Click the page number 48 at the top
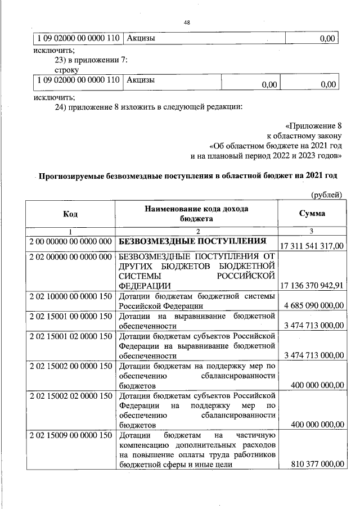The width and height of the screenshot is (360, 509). click(187, 22)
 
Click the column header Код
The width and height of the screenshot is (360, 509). click(70, 214)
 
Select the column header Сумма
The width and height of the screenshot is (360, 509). click(312, 214)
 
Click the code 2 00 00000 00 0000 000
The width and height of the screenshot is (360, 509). click(70, 241)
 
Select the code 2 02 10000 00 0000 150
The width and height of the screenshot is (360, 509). click(70, 296)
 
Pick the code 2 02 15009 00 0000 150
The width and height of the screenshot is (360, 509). click(70, 435)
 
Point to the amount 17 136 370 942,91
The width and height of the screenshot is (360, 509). click(312, 286)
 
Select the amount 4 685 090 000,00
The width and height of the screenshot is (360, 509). click(312, 305)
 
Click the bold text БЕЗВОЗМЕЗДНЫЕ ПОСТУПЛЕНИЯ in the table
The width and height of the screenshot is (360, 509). click(192, 241)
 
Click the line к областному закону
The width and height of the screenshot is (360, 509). click(304, 136)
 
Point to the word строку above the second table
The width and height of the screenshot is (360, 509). click(67, 70)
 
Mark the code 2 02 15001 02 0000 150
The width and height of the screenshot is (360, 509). click(70, 336)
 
